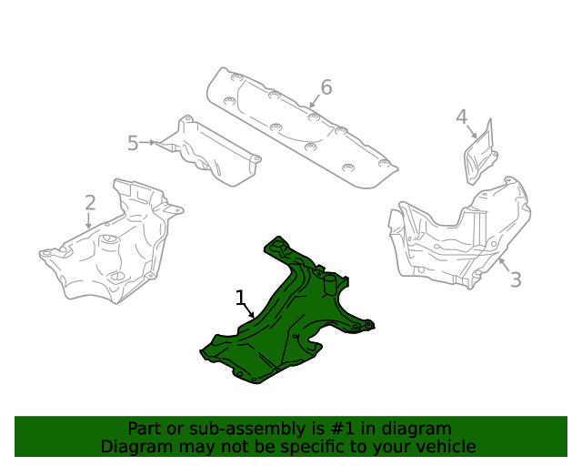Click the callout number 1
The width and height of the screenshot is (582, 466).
click(x=240, y=298)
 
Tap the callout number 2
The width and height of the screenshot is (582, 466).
click(x=90, y=202)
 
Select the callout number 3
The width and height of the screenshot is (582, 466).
click(x=516, y=280)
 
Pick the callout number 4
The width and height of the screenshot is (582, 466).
click(x=462, y=117)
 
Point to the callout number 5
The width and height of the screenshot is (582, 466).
click(x=133, y=143)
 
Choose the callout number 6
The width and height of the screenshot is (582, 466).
click(x=326, y=87)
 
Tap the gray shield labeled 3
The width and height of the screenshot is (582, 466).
click(x=455, y=237)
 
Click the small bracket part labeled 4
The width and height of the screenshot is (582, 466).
click(x=481, y=155)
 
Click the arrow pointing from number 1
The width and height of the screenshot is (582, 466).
click(x=249, y=311)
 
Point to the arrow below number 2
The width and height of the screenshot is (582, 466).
click(x=89, y=221)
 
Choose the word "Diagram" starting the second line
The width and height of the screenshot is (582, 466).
click(x=133, y=447)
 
